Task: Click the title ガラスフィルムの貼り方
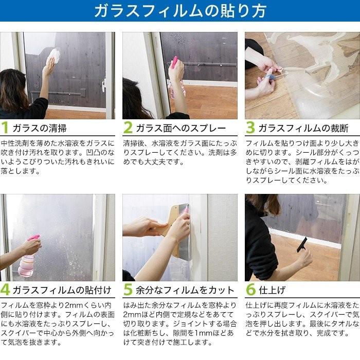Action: [180, 11]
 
